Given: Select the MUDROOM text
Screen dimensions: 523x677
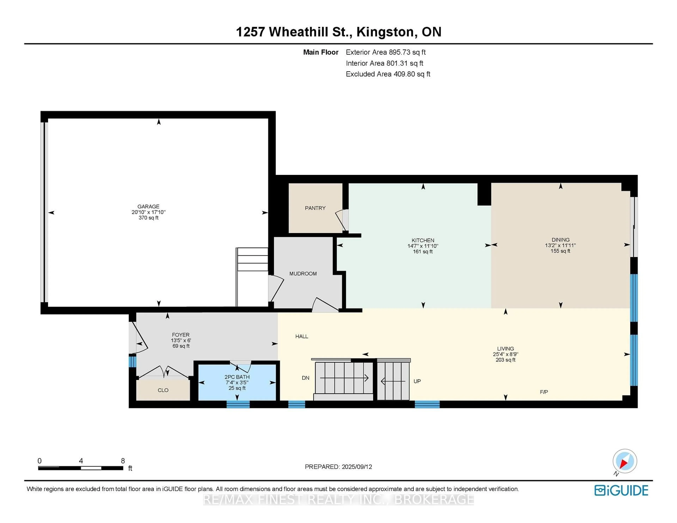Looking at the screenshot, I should tap(303, 274).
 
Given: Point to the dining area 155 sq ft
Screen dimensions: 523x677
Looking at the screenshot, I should tap(560, 251).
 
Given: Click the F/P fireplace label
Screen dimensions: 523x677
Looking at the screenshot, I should tap(544, 392).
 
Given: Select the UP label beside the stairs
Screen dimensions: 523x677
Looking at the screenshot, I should tap(417, 381).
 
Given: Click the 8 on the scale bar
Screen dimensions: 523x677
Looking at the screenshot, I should tap(123, 461).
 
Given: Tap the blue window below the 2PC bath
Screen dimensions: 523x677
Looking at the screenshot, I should tap(238, 404).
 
